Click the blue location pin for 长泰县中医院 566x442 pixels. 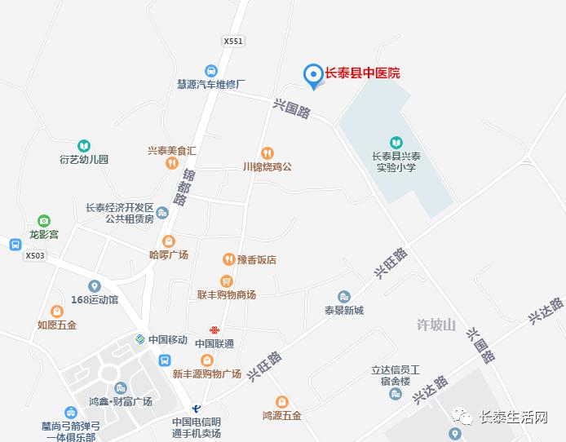312,75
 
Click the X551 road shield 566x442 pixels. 233,41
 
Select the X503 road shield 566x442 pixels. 35,255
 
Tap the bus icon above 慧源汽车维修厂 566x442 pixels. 211,70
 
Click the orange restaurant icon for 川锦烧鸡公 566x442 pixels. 267,152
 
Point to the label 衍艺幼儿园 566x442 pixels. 84,159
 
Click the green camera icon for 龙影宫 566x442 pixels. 44,220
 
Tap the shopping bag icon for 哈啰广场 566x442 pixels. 169,241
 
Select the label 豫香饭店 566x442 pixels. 256,260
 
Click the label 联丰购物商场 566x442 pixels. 227,294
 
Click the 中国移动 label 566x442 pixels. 168,339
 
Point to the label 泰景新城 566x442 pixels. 343,310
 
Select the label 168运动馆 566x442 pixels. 95,299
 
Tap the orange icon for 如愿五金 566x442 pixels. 57,311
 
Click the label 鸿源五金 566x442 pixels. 281,415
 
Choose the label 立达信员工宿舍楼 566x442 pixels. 395,375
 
